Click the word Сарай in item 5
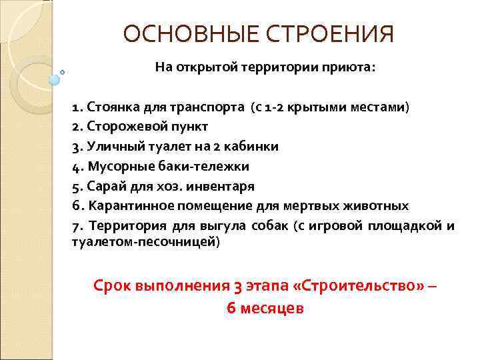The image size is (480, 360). tap(101, 186)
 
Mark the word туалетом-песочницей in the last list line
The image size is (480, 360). tap(144, 242)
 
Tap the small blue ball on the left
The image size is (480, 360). tap(54, 80)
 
